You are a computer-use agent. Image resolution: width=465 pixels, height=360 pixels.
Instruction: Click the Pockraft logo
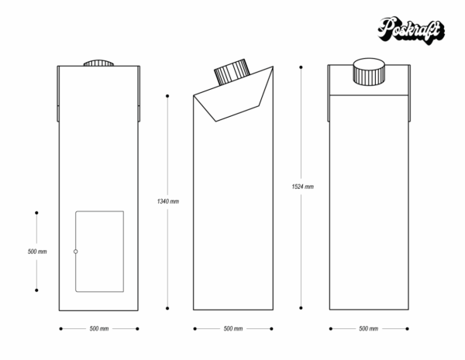411,30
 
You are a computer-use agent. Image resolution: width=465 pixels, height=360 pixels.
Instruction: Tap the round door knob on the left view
75,252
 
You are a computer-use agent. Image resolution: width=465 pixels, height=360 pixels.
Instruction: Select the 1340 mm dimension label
168,201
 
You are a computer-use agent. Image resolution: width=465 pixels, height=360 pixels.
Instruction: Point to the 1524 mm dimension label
302,187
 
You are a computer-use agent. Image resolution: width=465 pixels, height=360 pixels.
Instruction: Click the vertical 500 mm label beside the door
37,252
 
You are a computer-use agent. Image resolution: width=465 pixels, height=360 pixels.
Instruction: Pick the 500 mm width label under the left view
99,329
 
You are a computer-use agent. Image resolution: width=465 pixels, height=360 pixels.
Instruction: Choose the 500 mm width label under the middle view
233,329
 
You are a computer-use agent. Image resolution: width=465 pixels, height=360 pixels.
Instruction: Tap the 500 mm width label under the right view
368,329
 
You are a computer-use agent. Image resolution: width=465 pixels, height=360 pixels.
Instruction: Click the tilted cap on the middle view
232,72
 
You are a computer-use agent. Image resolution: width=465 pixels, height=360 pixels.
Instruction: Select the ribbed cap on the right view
369,73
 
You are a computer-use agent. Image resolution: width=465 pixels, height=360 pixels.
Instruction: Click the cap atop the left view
99,63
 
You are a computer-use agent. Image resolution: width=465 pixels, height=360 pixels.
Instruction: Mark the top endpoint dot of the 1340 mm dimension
168,96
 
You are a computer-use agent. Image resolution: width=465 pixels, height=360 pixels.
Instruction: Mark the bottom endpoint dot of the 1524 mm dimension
302,307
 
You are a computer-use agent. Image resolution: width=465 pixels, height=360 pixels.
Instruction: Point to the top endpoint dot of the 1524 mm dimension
302,67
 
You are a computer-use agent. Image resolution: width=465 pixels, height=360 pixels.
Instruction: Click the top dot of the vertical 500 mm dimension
36,212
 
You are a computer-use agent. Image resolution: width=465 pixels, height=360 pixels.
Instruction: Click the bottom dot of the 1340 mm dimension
168,307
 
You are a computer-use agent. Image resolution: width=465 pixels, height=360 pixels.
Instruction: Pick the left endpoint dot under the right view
329,329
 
